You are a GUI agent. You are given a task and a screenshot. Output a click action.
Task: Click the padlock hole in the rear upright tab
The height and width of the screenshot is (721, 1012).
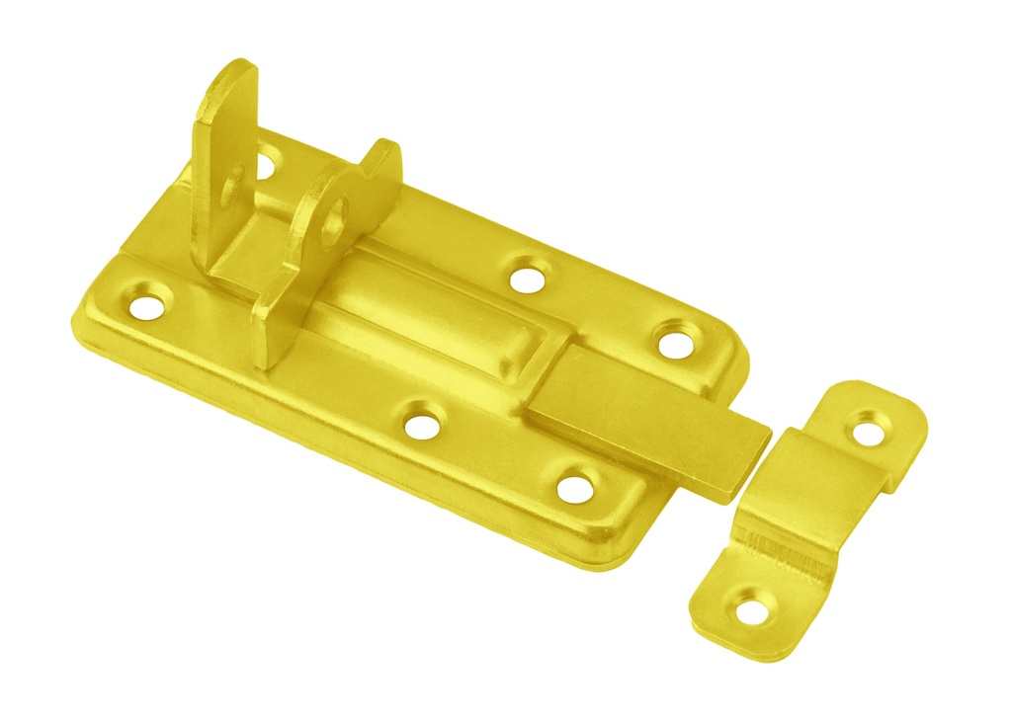click(x=233, y=185)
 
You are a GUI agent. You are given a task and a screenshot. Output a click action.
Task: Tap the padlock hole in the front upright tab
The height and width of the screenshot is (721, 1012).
click(x=333, y=219)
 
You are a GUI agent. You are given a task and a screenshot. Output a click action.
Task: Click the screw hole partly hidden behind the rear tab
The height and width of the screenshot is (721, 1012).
click(x=266, y=161)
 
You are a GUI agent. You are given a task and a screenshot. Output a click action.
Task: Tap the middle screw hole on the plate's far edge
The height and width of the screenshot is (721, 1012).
click(x=530, y=277)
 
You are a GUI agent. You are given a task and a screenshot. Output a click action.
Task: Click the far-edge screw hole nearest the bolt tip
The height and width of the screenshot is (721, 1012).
click(x=676, y=343)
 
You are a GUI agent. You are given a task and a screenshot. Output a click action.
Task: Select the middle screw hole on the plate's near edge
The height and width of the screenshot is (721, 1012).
click(x=422, y=425)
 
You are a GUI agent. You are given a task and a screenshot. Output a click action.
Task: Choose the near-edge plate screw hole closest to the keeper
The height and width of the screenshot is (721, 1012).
click(x=575, y=487)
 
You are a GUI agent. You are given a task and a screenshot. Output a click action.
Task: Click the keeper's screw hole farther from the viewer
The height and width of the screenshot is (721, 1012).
click(x=868, y=430)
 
